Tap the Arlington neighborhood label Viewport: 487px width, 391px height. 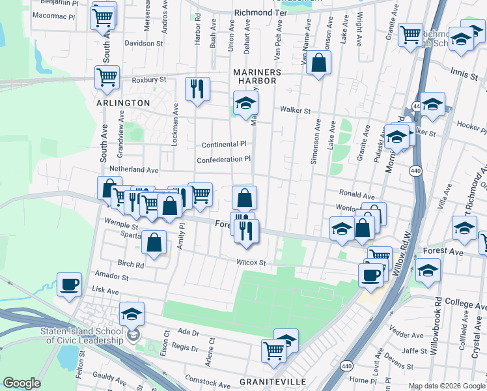coord(123,103)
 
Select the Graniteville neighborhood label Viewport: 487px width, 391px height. coord(269,380)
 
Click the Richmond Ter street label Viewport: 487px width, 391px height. coord(260,12)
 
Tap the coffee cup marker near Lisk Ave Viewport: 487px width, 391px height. coord(69,285)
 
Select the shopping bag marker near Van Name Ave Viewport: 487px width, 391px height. coord(318,63)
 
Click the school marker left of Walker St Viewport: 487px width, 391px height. coord(245,104)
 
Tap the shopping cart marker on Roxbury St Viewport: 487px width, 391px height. coord(107,77)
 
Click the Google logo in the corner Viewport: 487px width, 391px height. coord(22,383)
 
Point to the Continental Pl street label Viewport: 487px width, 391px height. coord(224,144)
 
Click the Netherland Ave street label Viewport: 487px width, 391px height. coord(134,169)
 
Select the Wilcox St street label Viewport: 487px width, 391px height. coord(253,263)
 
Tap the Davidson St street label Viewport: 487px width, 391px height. coord(144,44)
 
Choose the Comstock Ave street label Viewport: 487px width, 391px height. coord(206,377)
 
